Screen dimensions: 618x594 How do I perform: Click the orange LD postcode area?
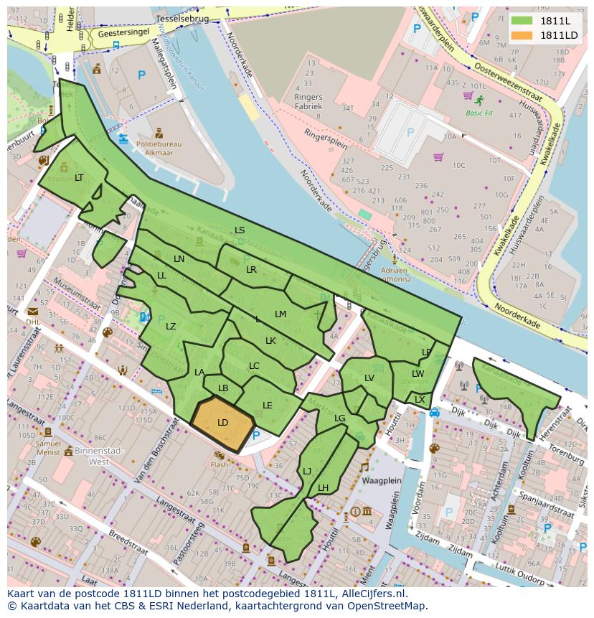(x=223, y=423)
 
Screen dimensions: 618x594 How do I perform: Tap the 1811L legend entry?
(x=554, y=21)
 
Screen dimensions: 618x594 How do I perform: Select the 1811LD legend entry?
(x=558, y=35)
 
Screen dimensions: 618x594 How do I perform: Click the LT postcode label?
(x=79, y=178)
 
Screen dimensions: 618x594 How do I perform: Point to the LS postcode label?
(x=240, y=230)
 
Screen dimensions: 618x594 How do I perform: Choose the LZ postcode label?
(x=171, y=327)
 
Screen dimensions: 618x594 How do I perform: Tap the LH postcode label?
(x=323, y=488)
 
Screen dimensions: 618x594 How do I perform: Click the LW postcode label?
(x=418, y=374)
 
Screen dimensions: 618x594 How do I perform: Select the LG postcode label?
(x=340, y=418)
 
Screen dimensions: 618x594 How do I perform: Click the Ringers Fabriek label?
(x=308, y=101)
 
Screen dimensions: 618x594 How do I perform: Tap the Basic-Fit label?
(x=479, y=113)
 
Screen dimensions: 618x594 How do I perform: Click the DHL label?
(x=33, y=322)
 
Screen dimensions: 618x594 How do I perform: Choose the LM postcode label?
(x=280, y=314)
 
